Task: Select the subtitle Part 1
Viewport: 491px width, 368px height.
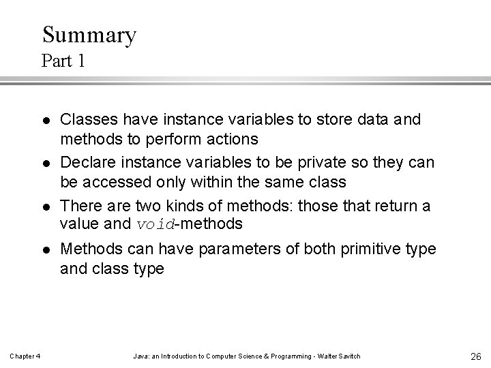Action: click(63, 61)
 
